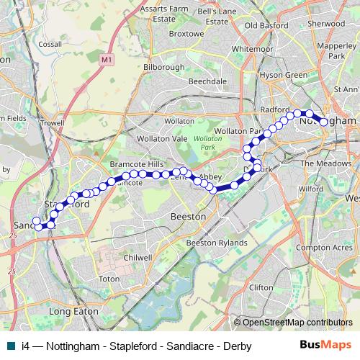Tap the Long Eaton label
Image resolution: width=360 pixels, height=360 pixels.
pyautogui.click(x=73, y=311)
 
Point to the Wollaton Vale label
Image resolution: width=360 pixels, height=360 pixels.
pyautogui.click(x=164, y=138)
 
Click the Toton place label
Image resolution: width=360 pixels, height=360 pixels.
pyautogui.click(x=109, y=279)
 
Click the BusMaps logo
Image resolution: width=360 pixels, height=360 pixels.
pyautogui.click(x=325, y=346)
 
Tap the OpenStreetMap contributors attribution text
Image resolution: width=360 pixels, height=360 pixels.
pyautogui.click(x=294, y=323)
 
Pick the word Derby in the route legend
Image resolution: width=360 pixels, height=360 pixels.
pyautogui.click(x=237, y=346)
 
